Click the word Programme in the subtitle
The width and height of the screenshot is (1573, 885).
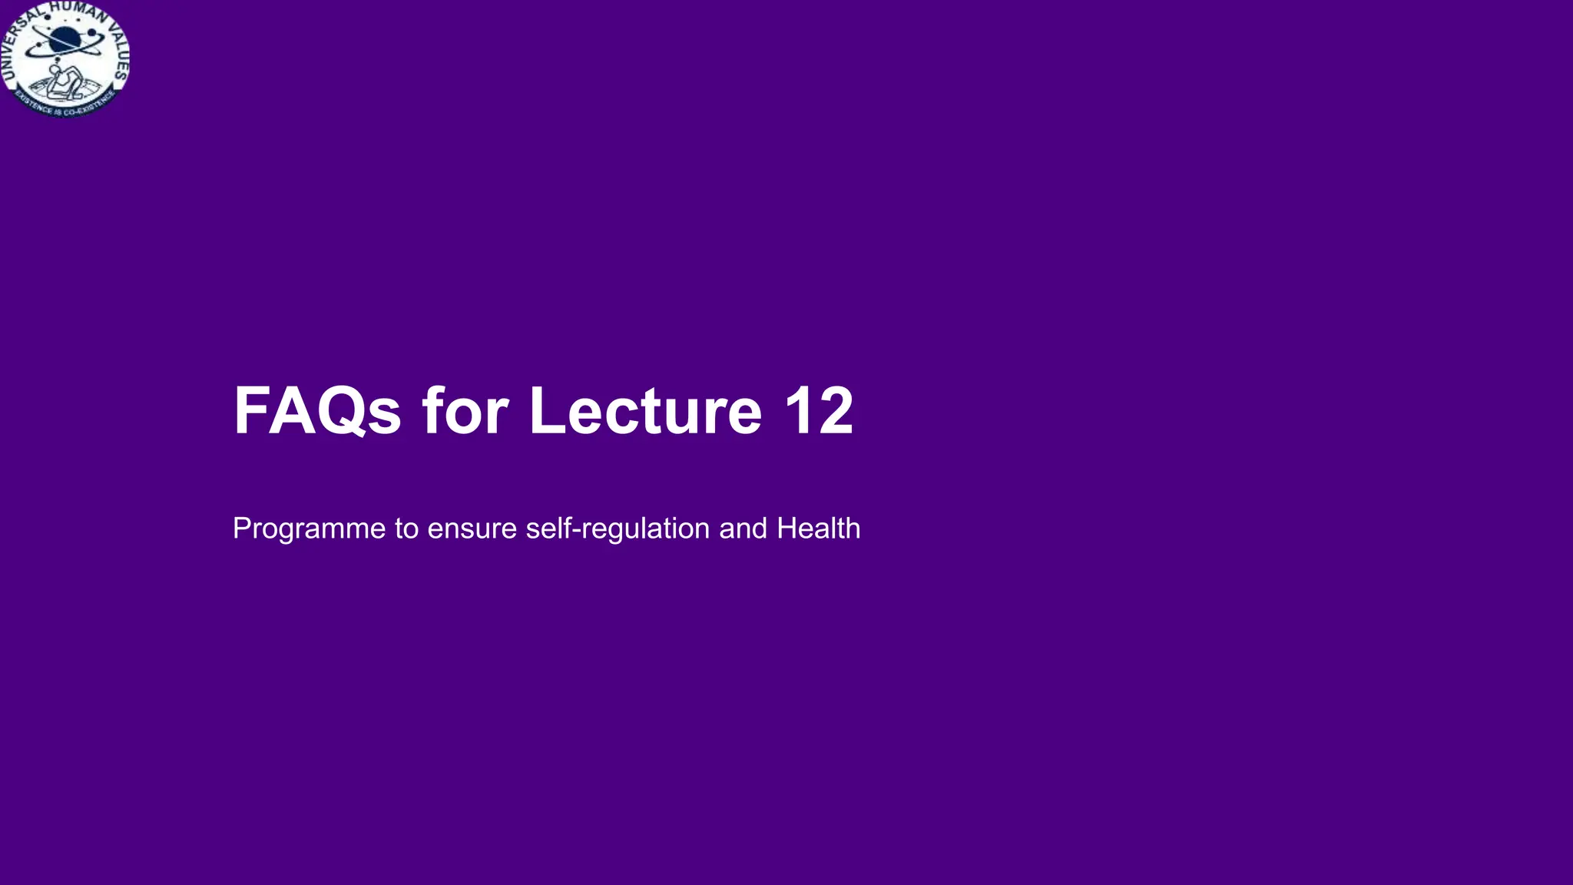[x=309, y=529]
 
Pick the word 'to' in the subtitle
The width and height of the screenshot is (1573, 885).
[x=406, y=529]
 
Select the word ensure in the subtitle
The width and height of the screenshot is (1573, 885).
[x=472, y=529]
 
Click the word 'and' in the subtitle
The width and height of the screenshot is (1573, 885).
[x=743, y=529]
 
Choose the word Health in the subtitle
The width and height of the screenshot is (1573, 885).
[x=818, y=529]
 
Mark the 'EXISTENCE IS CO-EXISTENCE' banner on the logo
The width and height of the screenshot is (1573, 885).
[x=66, y=107]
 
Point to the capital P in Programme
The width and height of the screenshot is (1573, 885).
[x=241, y=529]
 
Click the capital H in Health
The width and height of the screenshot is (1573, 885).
[x=786, y=529]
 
